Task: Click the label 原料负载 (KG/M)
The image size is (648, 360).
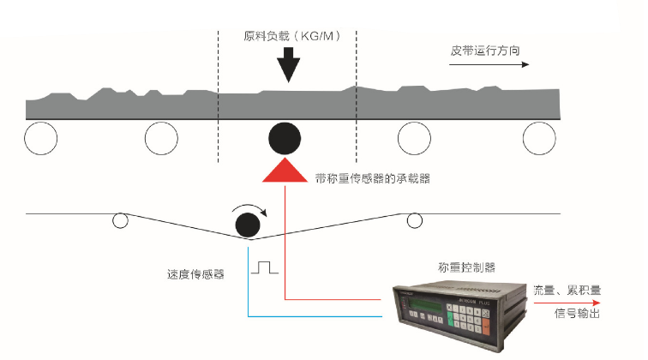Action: (x=288, y=37)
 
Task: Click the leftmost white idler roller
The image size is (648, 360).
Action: (x=40, y=138)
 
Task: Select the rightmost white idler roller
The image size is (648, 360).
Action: (x=539, y=138)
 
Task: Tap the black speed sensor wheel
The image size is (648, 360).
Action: (x=249, y=225)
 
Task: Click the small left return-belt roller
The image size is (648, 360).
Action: (x=120, y=220)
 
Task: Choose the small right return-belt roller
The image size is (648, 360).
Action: (x=415, y=220)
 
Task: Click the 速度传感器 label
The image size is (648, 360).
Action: (x=195, y=276)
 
